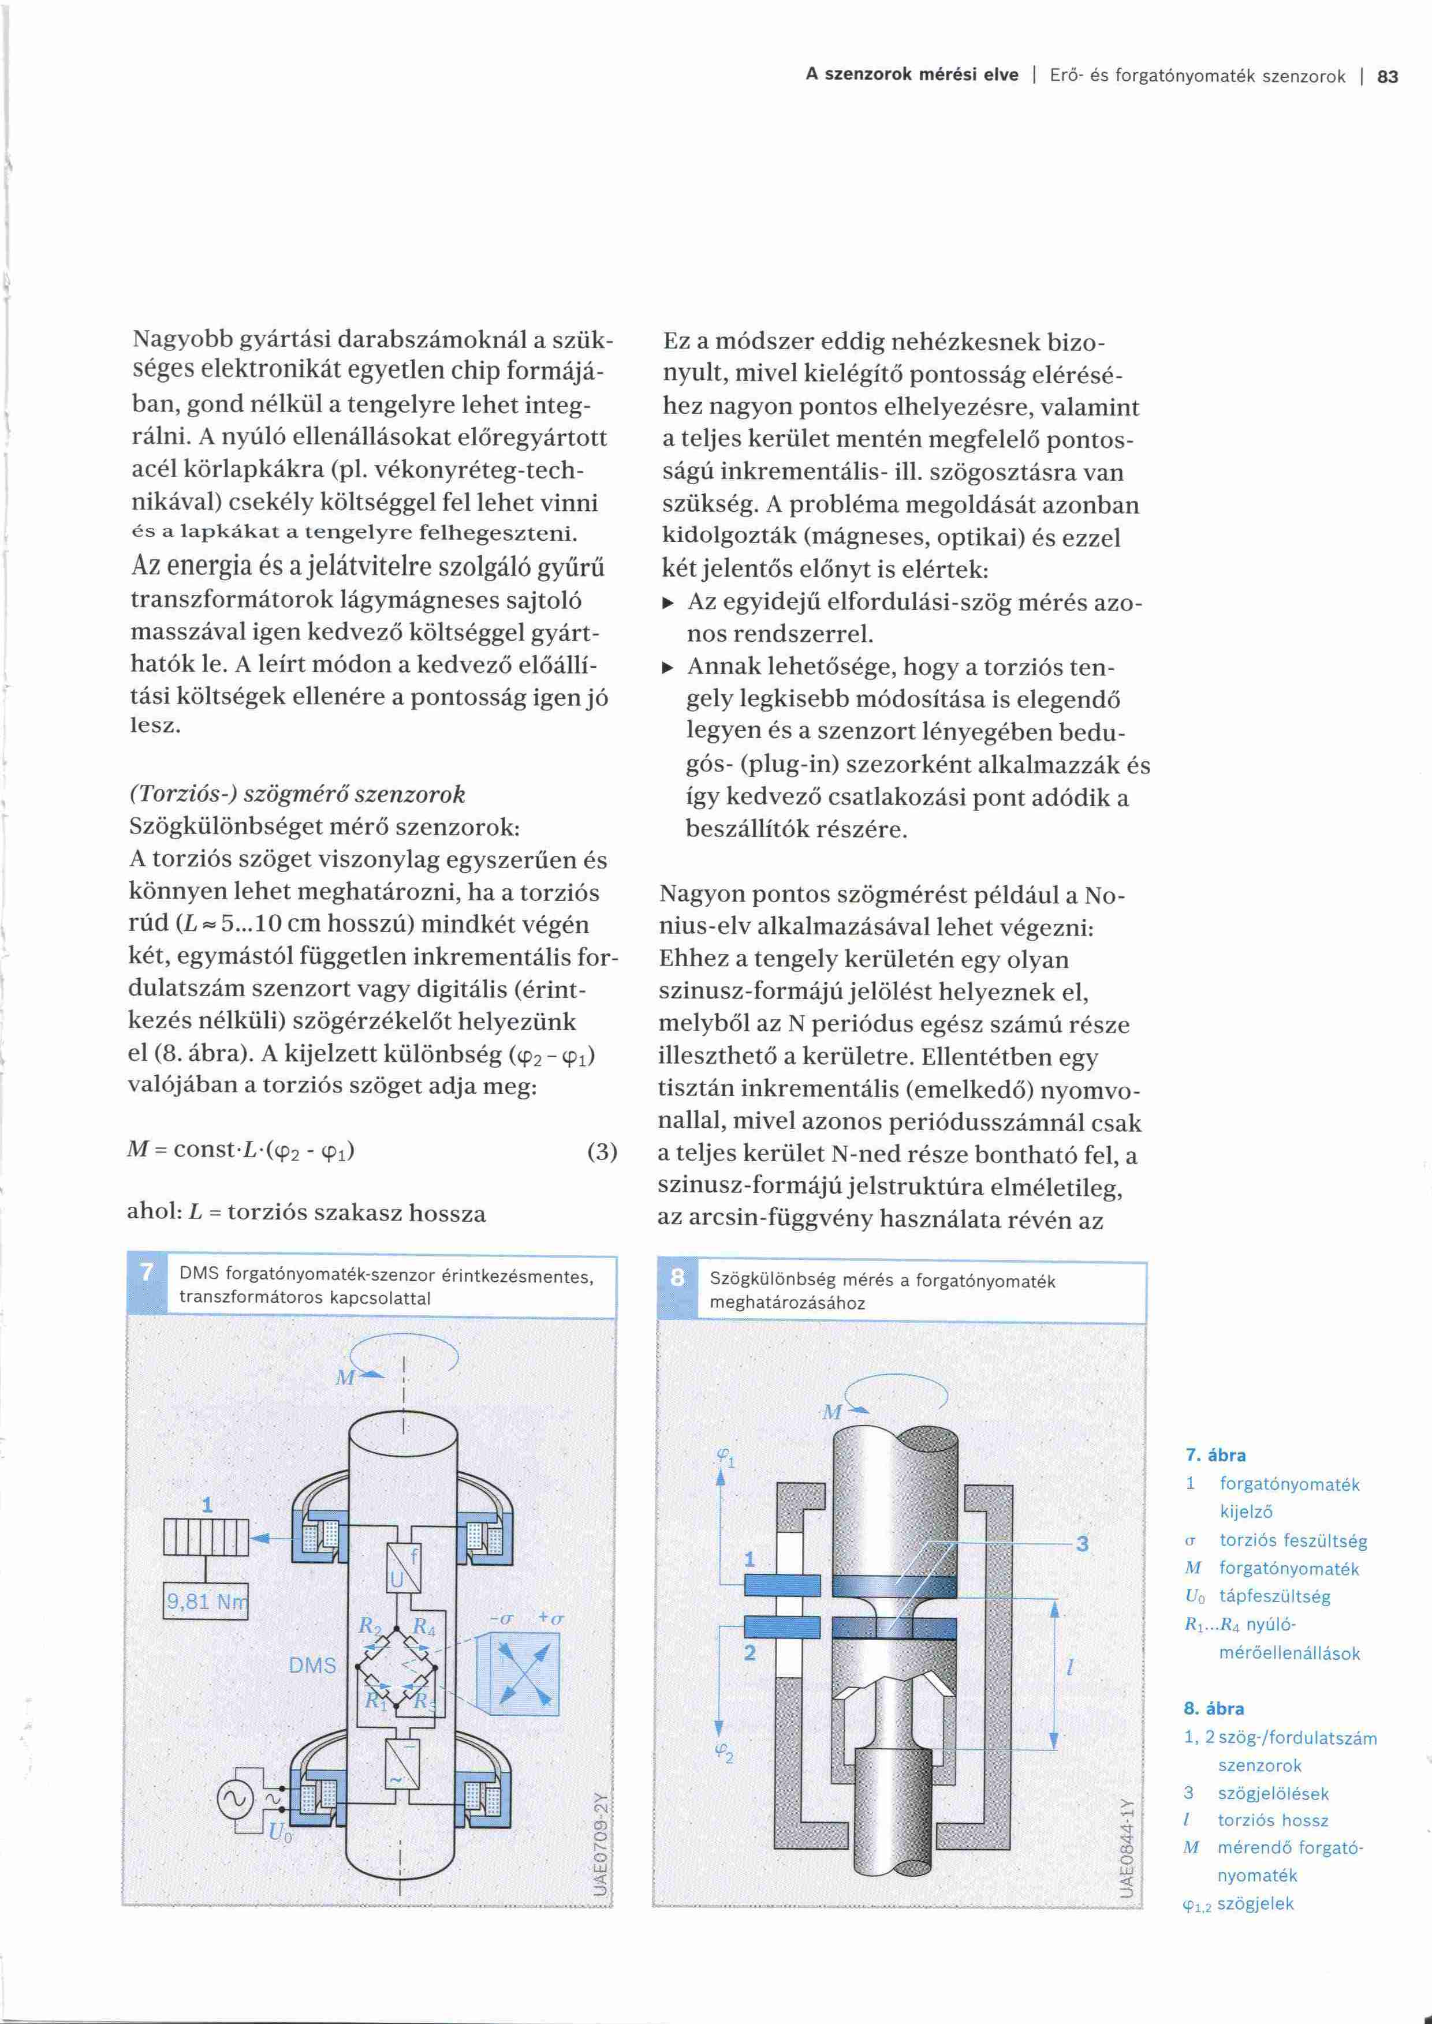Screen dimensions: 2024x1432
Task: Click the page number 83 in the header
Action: pos(1387,77)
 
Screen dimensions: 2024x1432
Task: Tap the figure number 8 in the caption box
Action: pos(677,1277)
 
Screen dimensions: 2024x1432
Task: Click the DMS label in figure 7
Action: pos(312,1665)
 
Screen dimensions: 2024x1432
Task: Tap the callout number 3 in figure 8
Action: pos(1082,1544)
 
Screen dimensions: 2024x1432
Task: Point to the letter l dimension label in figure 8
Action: pos(1069,1667)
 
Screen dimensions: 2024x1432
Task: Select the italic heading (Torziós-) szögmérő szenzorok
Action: pos(297,794)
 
